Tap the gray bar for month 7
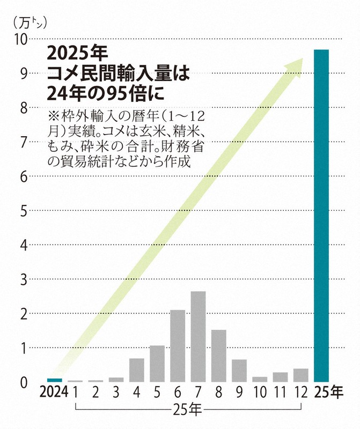tap(198, 336)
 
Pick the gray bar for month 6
tap(178, 346)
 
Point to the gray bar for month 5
tap(157, 364)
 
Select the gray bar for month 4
tap(136, 370)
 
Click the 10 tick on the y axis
tap(20, 39)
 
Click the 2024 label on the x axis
tap(54, 393)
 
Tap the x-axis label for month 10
tap(260, 393)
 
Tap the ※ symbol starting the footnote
tap(53, 117)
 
